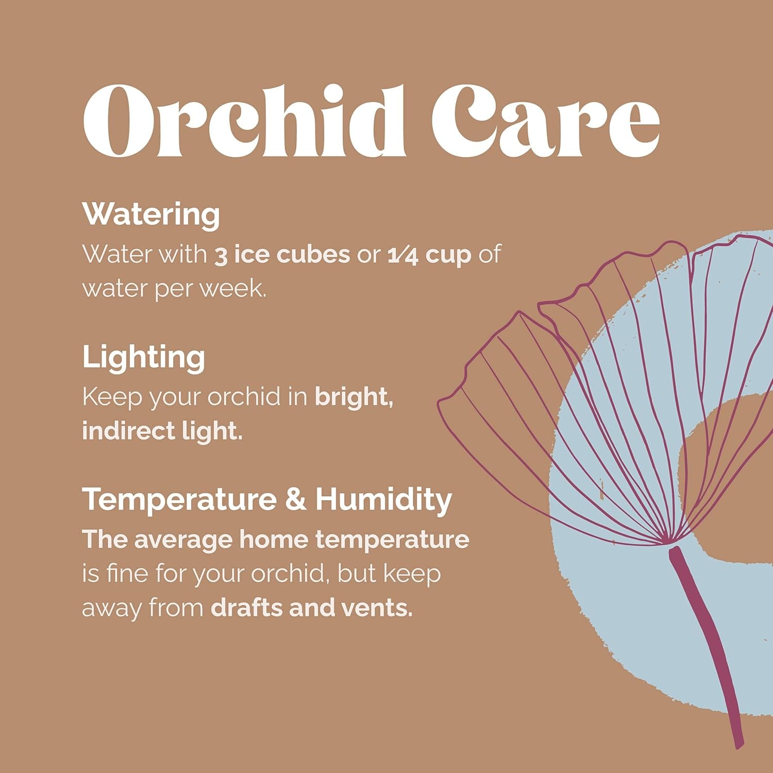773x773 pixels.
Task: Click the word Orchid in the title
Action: pyautogui.click(x=245, y=121)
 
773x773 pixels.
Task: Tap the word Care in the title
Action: pyautogui.click(x=545, y=121)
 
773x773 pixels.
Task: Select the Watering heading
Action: pyautogui.click(x=151, y=214)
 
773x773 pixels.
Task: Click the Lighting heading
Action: pyautogui.click(x=144, y=358)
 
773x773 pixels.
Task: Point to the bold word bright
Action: pyautogui.click(x=354, y=398)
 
